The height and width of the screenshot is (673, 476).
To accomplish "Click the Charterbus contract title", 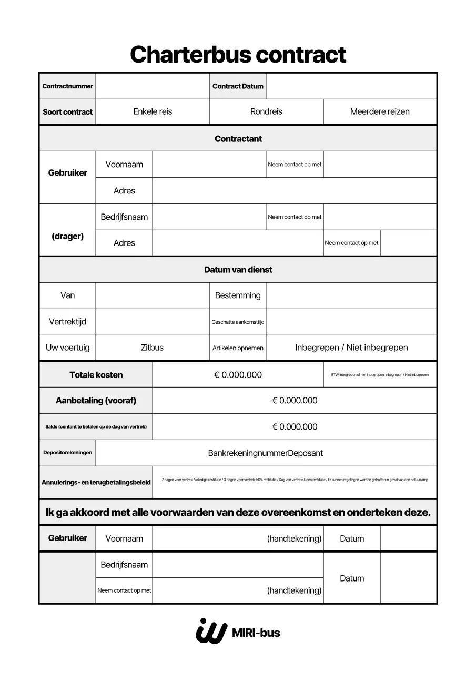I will click(238, 55).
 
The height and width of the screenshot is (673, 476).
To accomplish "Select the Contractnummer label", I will click(67, 86).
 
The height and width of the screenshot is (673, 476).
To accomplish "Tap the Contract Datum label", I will click(238, 86).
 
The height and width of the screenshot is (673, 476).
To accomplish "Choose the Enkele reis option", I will click(153, 111).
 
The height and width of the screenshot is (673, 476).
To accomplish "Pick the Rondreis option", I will click(266, 111).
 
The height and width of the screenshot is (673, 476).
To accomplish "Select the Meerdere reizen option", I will click(380, 111).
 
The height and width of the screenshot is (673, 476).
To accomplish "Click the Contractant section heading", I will click(238, 139).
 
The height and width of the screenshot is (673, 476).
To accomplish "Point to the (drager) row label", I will click(67, 237).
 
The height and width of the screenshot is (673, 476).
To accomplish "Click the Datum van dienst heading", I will click(238, 270).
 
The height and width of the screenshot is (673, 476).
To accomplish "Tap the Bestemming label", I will click(238, 295).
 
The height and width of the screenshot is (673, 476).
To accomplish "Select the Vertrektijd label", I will click(67, 322).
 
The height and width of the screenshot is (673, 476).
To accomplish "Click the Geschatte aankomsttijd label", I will click(238, 322).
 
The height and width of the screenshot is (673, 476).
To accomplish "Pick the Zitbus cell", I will click(153, 348).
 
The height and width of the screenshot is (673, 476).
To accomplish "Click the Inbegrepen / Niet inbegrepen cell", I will click(351, 348).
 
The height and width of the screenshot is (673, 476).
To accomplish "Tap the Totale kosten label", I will click(96, 375).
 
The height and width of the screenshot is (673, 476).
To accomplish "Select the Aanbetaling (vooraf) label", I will click(96, 401).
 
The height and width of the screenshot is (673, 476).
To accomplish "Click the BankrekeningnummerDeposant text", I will click(266, 453).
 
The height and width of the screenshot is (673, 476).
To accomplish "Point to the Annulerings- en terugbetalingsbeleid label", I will click(96, 482).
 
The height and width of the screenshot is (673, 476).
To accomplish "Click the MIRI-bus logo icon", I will click(211, 631).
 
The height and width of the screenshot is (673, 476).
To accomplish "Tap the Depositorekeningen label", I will click(67, 453).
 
